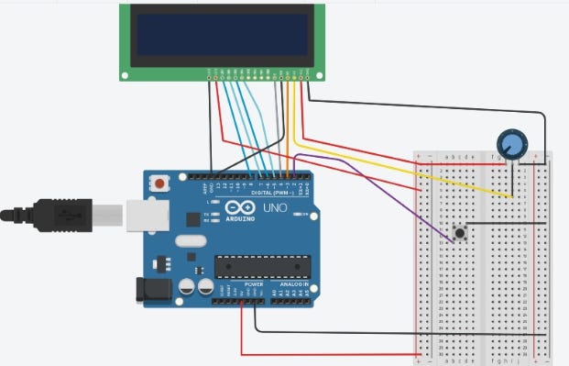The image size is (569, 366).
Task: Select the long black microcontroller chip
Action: tap(263, 265)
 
